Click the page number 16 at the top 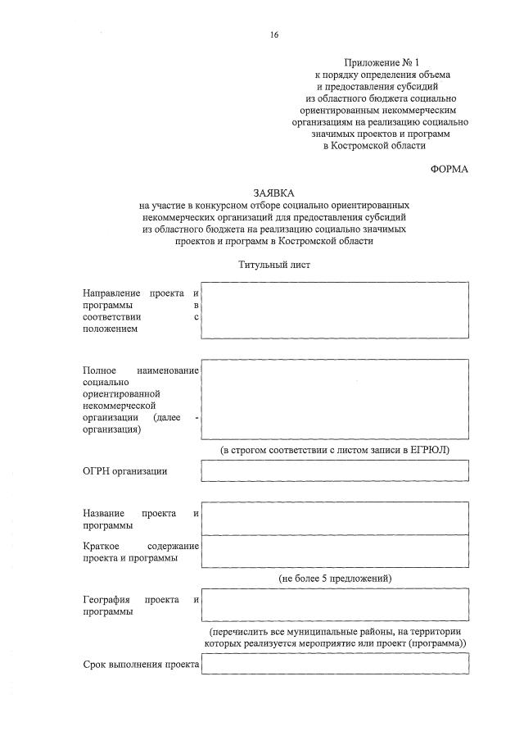[274, 34]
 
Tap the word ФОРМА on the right [449, 169]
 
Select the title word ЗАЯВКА [273, 192]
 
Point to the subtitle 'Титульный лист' [274, 265]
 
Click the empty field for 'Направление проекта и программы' [335, 310]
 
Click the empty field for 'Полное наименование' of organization [335, 400]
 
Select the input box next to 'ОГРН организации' [335, 470]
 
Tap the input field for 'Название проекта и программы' [335, 518]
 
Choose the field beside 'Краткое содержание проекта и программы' [335, 551]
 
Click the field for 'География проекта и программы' [335, 606]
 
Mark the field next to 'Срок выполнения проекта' [335, 665]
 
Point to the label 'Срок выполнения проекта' [142, 665]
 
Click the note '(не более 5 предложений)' [335, 579]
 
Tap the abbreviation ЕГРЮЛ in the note [427, 450]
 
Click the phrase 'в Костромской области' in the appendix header [375, 145]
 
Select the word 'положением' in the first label [110, 329]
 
